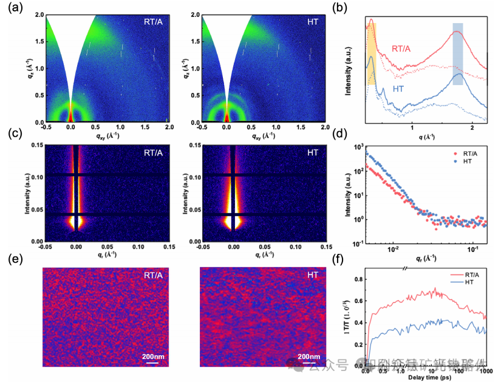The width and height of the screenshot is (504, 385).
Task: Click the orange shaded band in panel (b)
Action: (x=372, y=49)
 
